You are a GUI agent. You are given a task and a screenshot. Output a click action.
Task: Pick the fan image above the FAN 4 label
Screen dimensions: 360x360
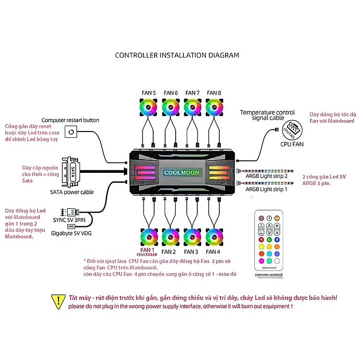214,237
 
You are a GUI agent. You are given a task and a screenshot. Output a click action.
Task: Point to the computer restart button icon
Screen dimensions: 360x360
71,132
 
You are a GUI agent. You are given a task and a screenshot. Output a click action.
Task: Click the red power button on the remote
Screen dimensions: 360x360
261,218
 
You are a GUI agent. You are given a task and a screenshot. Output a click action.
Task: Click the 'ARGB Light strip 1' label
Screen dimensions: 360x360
266,190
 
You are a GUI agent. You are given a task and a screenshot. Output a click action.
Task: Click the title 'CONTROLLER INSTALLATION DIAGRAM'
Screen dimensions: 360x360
177,55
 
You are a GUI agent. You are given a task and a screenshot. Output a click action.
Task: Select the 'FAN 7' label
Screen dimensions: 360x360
192,93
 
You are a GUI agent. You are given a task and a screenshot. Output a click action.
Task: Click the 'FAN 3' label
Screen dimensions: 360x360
191,252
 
